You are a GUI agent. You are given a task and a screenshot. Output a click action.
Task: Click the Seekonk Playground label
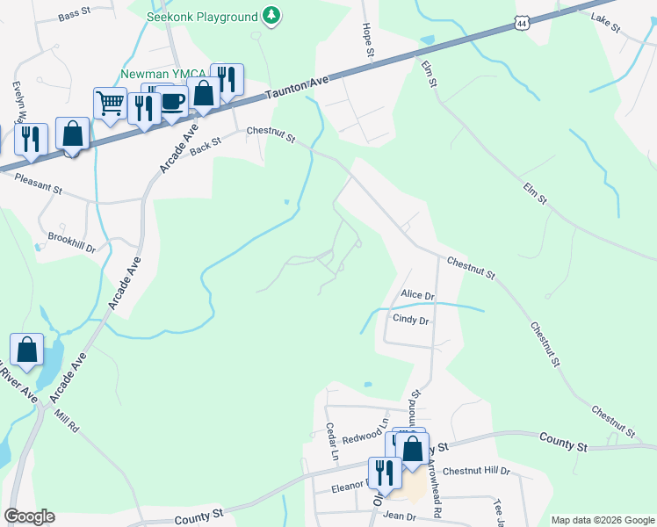[202, 17]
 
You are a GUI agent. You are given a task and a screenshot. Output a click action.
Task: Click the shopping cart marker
[110, 105]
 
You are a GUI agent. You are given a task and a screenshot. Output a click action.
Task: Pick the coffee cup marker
[172, 101]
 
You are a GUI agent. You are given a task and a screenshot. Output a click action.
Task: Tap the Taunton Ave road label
[294, 85]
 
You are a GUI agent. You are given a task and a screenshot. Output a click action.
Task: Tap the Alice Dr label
[417, 296]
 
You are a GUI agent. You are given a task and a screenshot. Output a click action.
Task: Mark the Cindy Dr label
[410, 321]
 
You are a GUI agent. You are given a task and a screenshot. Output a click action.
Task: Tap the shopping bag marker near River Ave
[27, 350]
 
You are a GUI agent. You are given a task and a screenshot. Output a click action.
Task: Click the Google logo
[29, 516]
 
